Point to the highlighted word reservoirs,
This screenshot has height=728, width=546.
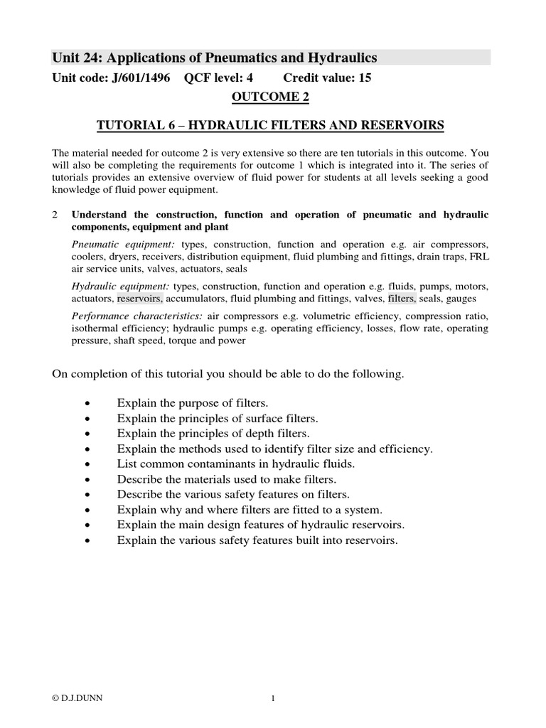pos(139,299)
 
